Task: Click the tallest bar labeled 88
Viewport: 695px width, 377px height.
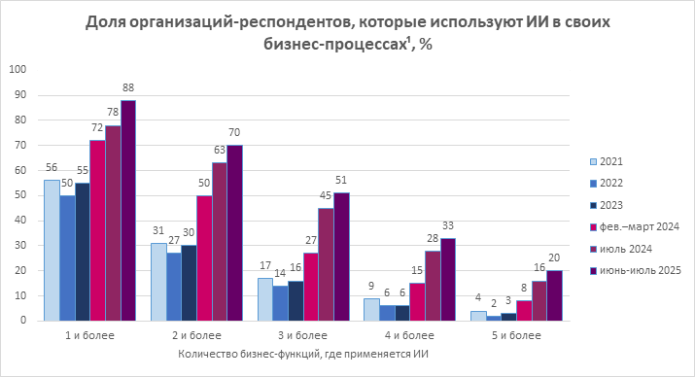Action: click(127, 210)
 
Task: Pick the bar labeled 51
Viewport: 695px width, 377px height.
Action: click(341, 257)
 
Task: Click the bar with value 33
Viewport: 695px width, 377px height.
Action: click(448, 279)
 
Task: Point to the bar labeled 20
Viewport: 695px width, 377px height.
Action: click(555, 295)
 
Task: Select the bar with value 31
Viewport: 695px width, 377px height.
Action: click(158, 281)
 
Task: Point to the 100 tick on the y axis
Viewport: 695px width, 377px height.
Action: click(18, 69)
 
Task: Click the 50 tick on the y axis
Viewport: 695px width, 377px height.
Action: click(21, 194)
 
